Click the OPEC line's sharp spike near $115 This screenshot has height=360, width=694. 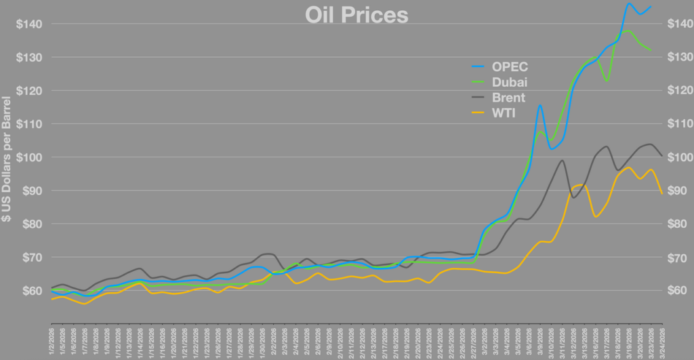540,105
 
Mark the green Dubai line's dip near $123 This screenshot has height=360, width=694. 607,80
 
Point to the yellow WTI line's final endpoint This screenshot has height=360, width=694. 661,193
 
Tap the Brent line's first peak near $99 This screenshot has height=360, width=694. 562,161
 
